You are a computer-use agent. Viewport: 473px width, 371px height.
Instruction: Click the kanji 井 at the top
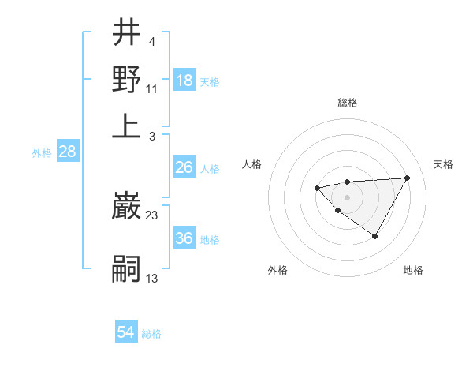[x=126, y=34]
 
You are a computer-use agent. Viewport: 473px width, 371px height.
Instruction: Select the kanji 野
[x=126, y=79]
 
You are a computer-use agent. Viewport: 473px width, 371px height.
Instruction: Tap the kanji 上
[x=126, y=125]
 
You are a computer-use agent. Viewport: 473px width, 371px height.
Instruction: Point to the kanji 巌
[x=126, y=206]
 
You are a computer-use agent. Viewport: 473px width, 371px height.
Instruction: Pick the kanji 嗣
[x=126, y=269]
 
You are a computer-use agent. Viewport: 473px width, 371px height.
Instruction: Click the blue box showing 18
[x=184, y=81]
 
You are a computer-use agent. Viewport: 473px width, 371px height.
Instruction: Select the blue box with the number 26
[x=184, y=167]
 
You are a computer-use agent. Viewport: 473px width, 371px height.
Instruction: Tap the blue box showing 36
[x=184, y=238]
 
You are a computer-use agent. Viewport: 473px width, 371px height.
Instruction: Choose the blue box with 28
[x=67, y=152]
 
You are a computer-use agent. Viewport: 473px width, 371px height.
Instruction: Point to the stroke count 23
[x=152, y=214]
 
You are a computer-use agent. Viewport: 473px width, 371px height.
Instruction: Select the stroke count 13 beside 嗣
[x=152, y=278]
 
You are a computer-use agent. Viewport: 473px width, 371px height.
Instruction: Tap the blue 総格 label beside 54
[x=151, y=334]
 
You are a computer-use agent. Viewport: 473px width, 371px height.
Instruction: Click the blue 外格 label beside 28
[x=41, y=153]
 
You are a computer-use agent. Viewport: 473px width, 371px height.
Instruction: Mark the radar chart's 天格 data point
[x=407, y=178]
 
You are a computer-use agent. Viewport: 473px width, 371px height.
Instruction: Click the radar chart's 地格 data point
[x=375, y=236]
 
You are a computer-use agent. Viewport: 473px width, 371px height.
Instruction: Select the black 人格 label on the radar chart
[x=252, y=164]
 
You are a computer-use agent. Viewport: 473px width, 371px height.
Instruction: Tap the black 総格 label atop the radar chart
[x=347, y=103]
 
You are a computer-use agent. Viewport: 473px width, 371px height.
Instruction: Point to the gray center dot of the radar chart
[x=347, y=197]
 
